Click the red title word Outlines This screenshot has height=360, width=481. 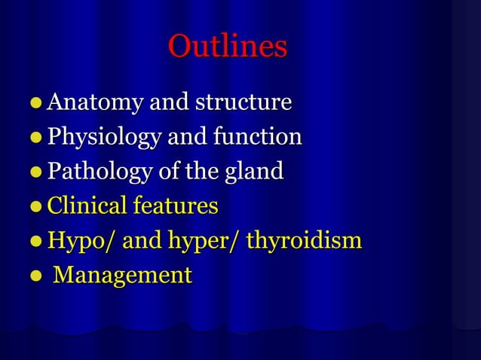227,47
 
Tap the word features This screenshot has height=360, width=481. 176,206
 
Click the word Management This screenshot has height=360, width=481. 123,275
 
